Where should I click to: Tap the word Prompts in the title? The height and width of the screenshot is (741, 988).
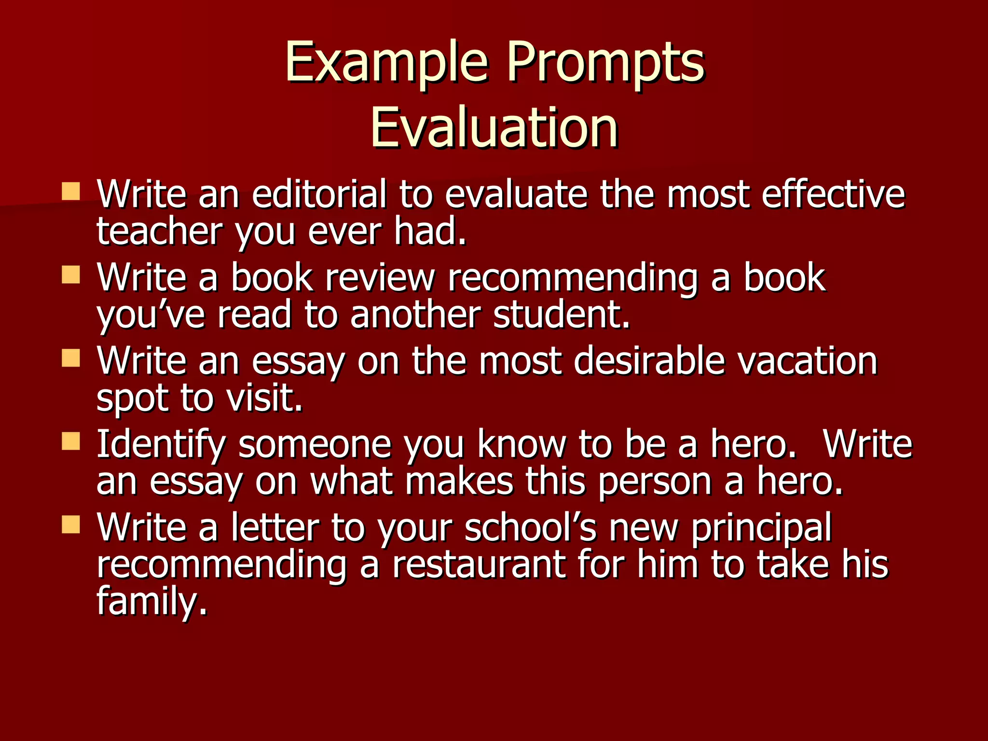click(x=605, y=63)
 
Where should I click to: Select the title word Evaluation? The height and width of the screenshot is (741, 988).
click(x=494, y=127)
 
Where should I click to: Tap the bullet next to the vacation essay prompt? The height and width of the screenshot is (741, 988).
click(x=71, y=358)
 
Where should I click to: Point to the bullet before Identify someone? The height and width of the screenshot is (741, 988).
click(x=71, y=441)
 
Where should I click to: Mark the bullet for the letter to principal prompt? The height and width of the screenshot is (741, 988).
click(x=71, y=524)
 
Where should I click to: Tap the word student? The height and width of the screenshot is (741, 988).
click(x=562, y=315)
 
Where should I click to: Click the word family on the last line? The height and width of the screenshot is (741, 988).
click(x=151, y=601)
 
